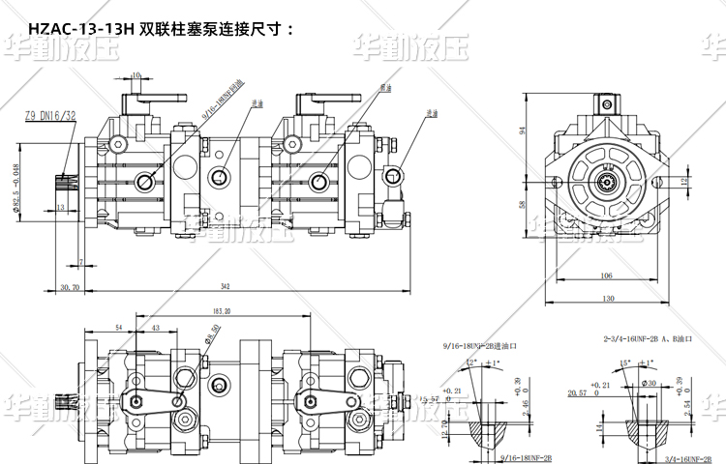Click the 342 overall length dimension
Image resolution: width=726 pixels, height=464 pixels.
(225, 286)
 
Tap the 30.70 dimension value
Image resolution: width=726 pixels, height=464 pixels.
(70, 287)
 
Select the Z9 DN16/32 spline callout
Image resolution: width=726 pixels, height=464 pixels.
(50, 115)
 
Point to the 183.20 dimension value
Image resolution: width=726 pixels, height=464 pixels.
(220, 311)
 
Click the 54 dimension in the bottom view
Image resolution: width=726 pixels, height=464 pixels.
(118, 329)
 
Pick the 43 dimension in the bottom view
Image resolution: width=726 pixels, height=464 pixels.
(156, 329)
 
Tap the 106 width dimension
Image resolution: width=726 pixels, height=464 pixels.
(605, 275)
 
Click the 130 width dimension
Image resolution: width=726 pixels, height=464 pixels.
(607, 299)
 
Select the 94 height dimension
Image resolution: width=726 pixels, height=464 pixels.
(522, 130)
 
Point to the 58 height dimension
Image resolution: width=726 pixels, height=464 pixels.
(522, 204)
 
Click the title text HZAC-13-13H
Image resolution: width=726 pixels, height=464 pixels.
(82, 30)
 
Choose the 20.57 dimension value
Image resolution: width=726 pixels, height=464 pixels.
(578, 394)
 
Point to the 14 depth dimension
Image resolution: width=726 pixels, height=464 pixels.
(599, 425)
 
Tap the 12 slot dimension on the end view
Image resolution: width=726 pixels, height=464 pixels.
(683, 181)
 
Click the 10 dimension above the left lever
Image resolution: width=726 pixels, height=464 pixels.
(136, 73)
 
